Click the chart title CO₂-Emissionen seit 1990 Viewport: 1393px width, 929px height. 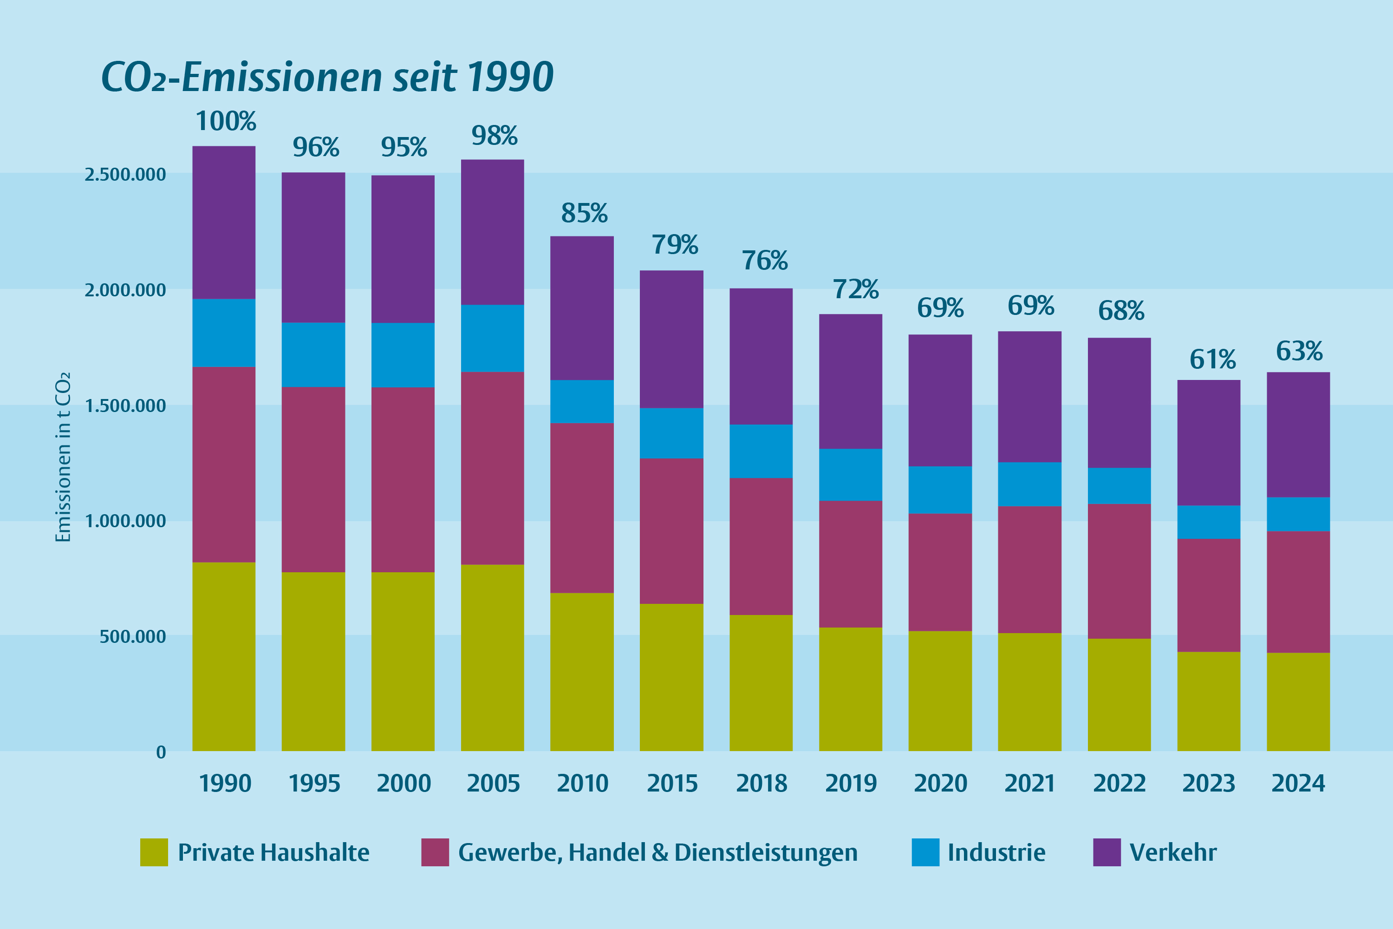pos(327,77)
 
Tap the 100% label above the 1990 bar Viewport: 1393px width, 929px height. pos(226,121)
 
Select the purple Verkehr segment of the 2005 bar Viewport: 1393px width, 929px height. pos(492,232)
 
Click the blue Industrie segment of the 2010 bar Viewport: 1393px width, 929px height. pos(582,401)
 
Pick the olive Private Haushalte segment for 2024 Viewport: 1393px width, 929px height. pos(1298,701)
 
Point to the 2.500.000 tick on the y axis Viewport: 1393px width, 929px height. pos(125,175)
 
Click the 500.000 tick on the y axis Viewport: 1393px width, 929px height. pos(133,637)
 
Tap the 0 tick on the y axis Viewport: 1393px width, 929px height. pos(161,752)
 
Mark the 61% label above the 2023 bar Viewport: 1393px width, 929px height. pos(1212,360)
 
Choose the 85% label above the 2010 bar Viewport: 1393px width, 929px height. pos(584,213)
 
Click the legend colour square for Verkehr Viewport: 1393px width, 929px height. pos(1107,852)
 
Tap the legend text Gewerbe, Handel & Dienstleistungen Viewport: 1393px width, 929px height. pos(657,852)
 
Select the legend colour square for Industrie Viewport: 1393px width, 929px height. pos(925,852)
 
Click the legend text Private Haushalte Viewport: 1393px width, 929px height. pos(273,852)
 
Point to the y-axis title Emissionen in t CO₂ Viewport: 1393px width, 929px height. pos(63,457)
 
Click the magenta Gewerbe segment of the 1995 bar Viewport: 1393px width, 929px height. pos(313,479)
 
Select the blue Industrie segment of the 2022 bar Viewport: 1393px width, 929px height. pos(1119,486)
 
